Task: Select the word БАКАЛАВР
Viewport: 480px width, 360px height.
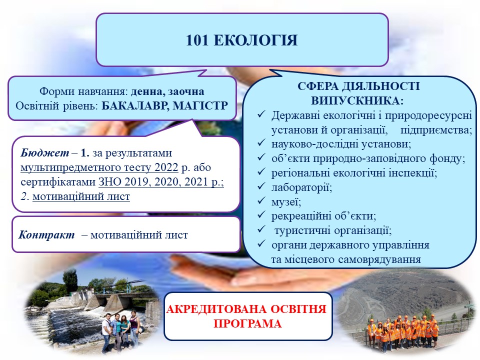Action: tap(135, 106)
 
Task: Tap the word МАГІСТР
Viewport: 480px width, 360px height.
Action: tap(200, 106)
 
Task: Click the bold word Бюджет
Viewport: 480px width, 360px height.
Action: tap(44, 153)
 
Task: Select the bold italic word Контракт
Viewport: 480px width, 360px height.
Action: tap(46, 235)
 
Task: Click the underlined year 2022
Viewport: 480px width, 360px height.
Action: tap(166, 167)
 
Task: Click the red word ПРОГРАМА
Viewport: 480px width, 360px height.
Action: tap(247, 323)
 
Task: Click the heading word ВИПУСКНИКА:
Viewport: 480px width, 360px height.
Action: tap(357, 100)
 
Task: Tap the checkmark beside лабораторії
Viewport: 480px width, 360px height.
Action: tap(261, 186)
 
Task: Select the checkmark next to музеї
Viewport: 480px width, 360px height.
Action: tap(261, 201)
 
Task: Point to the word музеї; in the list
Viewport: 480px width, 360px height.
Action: tap(286, 202)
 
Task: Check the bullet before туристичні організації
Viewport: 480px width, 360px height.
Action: tap(261, 229)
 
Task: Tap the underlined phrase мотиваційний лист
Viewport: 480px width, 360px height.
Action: tap(81, 196)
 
